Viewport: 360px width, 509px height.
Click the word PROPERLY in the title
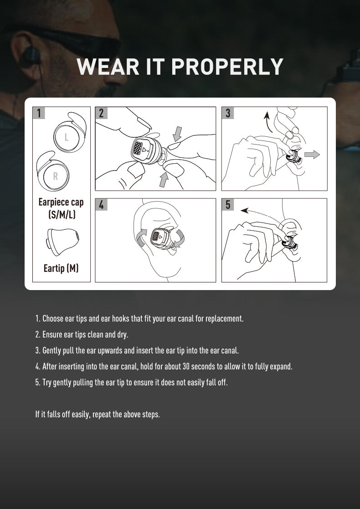point(227,67)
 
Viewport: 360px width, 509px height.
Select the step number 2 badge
point(101,113)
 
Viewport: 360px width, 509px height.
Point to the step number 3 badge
point(228,113)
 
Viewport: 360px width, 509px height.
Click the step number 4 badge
point(101,205)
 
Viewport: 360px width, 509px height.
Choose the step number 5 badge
point(228,205)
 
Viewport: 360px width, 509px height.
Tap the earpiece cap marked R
point(54,174)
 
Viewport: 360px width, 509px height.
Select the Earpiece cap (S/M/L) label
point(61,208)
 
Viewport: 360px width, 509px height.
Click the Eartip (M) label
point(61,268)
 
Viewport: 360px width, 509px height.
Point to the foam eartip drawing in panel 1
point(62,240)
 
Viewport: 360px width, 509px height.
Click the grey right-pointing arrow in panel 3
point(312,155)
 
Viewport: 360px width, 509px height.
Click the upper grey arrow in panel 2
point(177,133)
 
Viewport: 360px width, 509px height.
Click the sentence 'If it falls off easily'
point(98,414)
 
